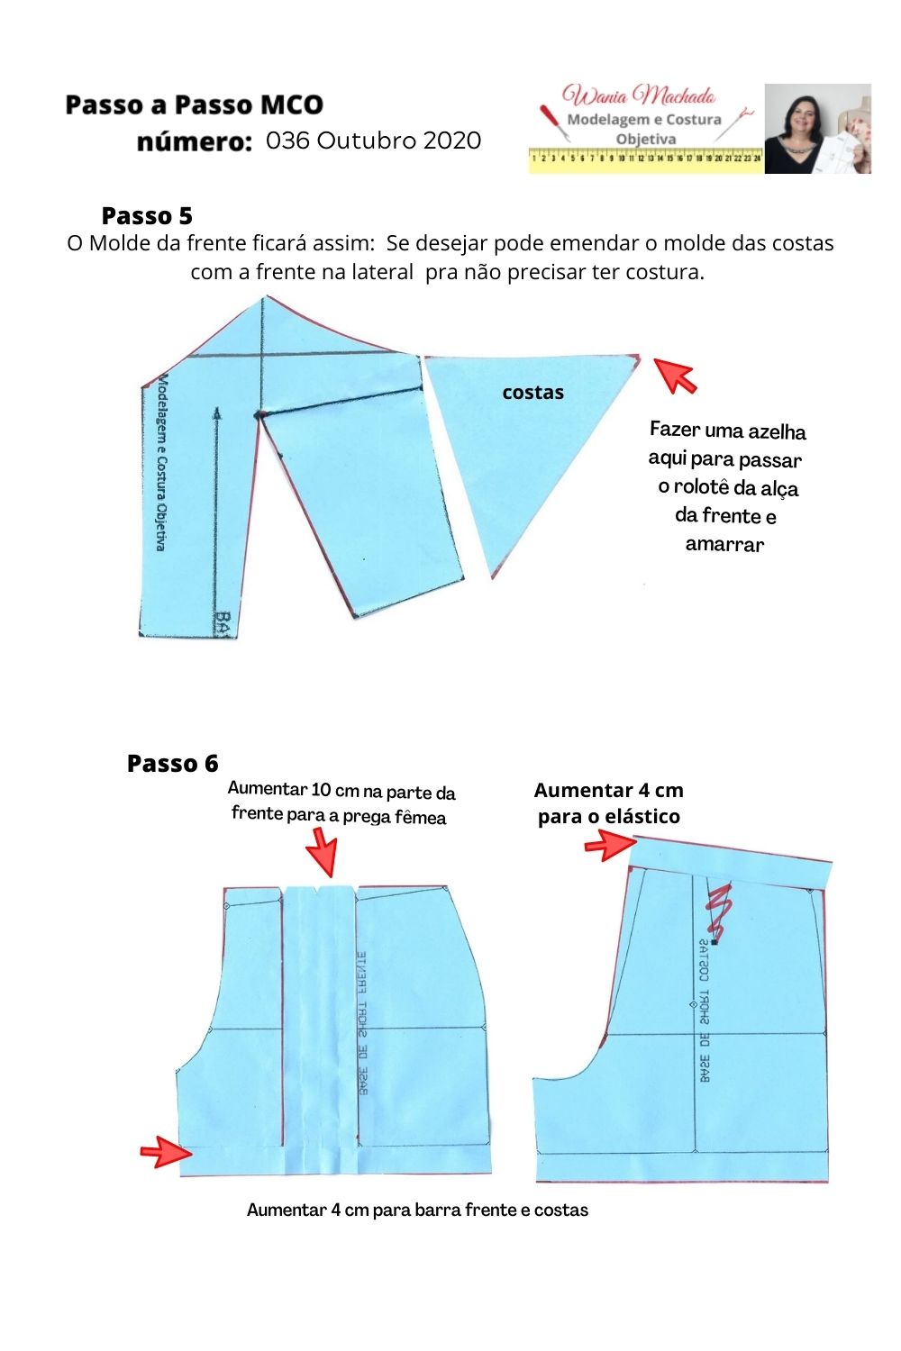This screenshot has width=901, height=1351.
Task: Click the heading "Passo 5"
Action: pyautogui.click(x=147, y=216)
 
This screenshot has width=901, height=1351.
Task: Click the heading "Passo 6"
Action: pyautogui.click(x=172, y=764)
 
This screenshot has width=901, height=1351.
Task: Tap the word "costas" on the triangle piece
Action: pyautogui.click(x=532, y=393)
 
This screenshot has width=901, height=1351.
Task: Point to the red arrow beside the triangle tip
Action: pyautogui.click(x=675, y=375)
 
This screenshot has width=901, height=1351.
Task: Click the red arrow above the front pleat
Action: pyautogui.click(x=321, y=851)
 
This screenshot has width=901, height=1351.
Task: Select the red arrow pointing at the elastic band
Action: pyautogui.click(x=610, y=845)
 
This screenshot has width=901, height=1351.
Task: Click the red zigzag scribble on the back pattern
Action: pyautogui.click(x=719, y=910)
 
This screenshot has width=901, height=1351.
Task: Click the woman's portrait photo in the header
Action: pyautogui.click(x=817, y=129)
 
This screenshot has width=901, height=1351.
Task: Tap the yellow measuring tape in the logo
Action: pyautogui.click(x=645, y=158)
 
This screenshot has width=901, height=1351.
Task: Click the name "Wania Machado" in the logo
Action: pyautogui.click(x=638, y=95)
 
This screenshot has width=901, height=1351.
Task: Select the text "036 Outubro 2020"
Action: pyautogui.click(x=373, y=141)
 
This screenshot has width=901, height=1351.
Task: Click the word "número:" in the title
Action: pyautogui.click(x=194, y=142)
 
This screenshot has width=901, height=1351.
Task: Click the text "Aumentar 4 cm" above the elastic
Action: pyautogui.click(x=608, y=791)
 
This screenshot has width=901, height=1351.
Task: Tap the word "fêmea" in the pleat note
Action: pyautogui.click(x=419, y=817)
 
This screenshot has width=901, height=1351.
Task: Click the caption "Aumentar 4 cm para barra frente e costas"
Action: pyautogui.click(x=417, y=1210)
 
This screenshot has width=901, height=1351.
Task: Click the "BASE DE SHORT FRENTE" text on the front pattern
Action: pyautogui.click(x=362, y=1022)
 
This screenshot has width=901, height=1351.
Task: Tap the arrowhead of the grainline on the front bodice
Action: pyautogui.click(x=217, y=413)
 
